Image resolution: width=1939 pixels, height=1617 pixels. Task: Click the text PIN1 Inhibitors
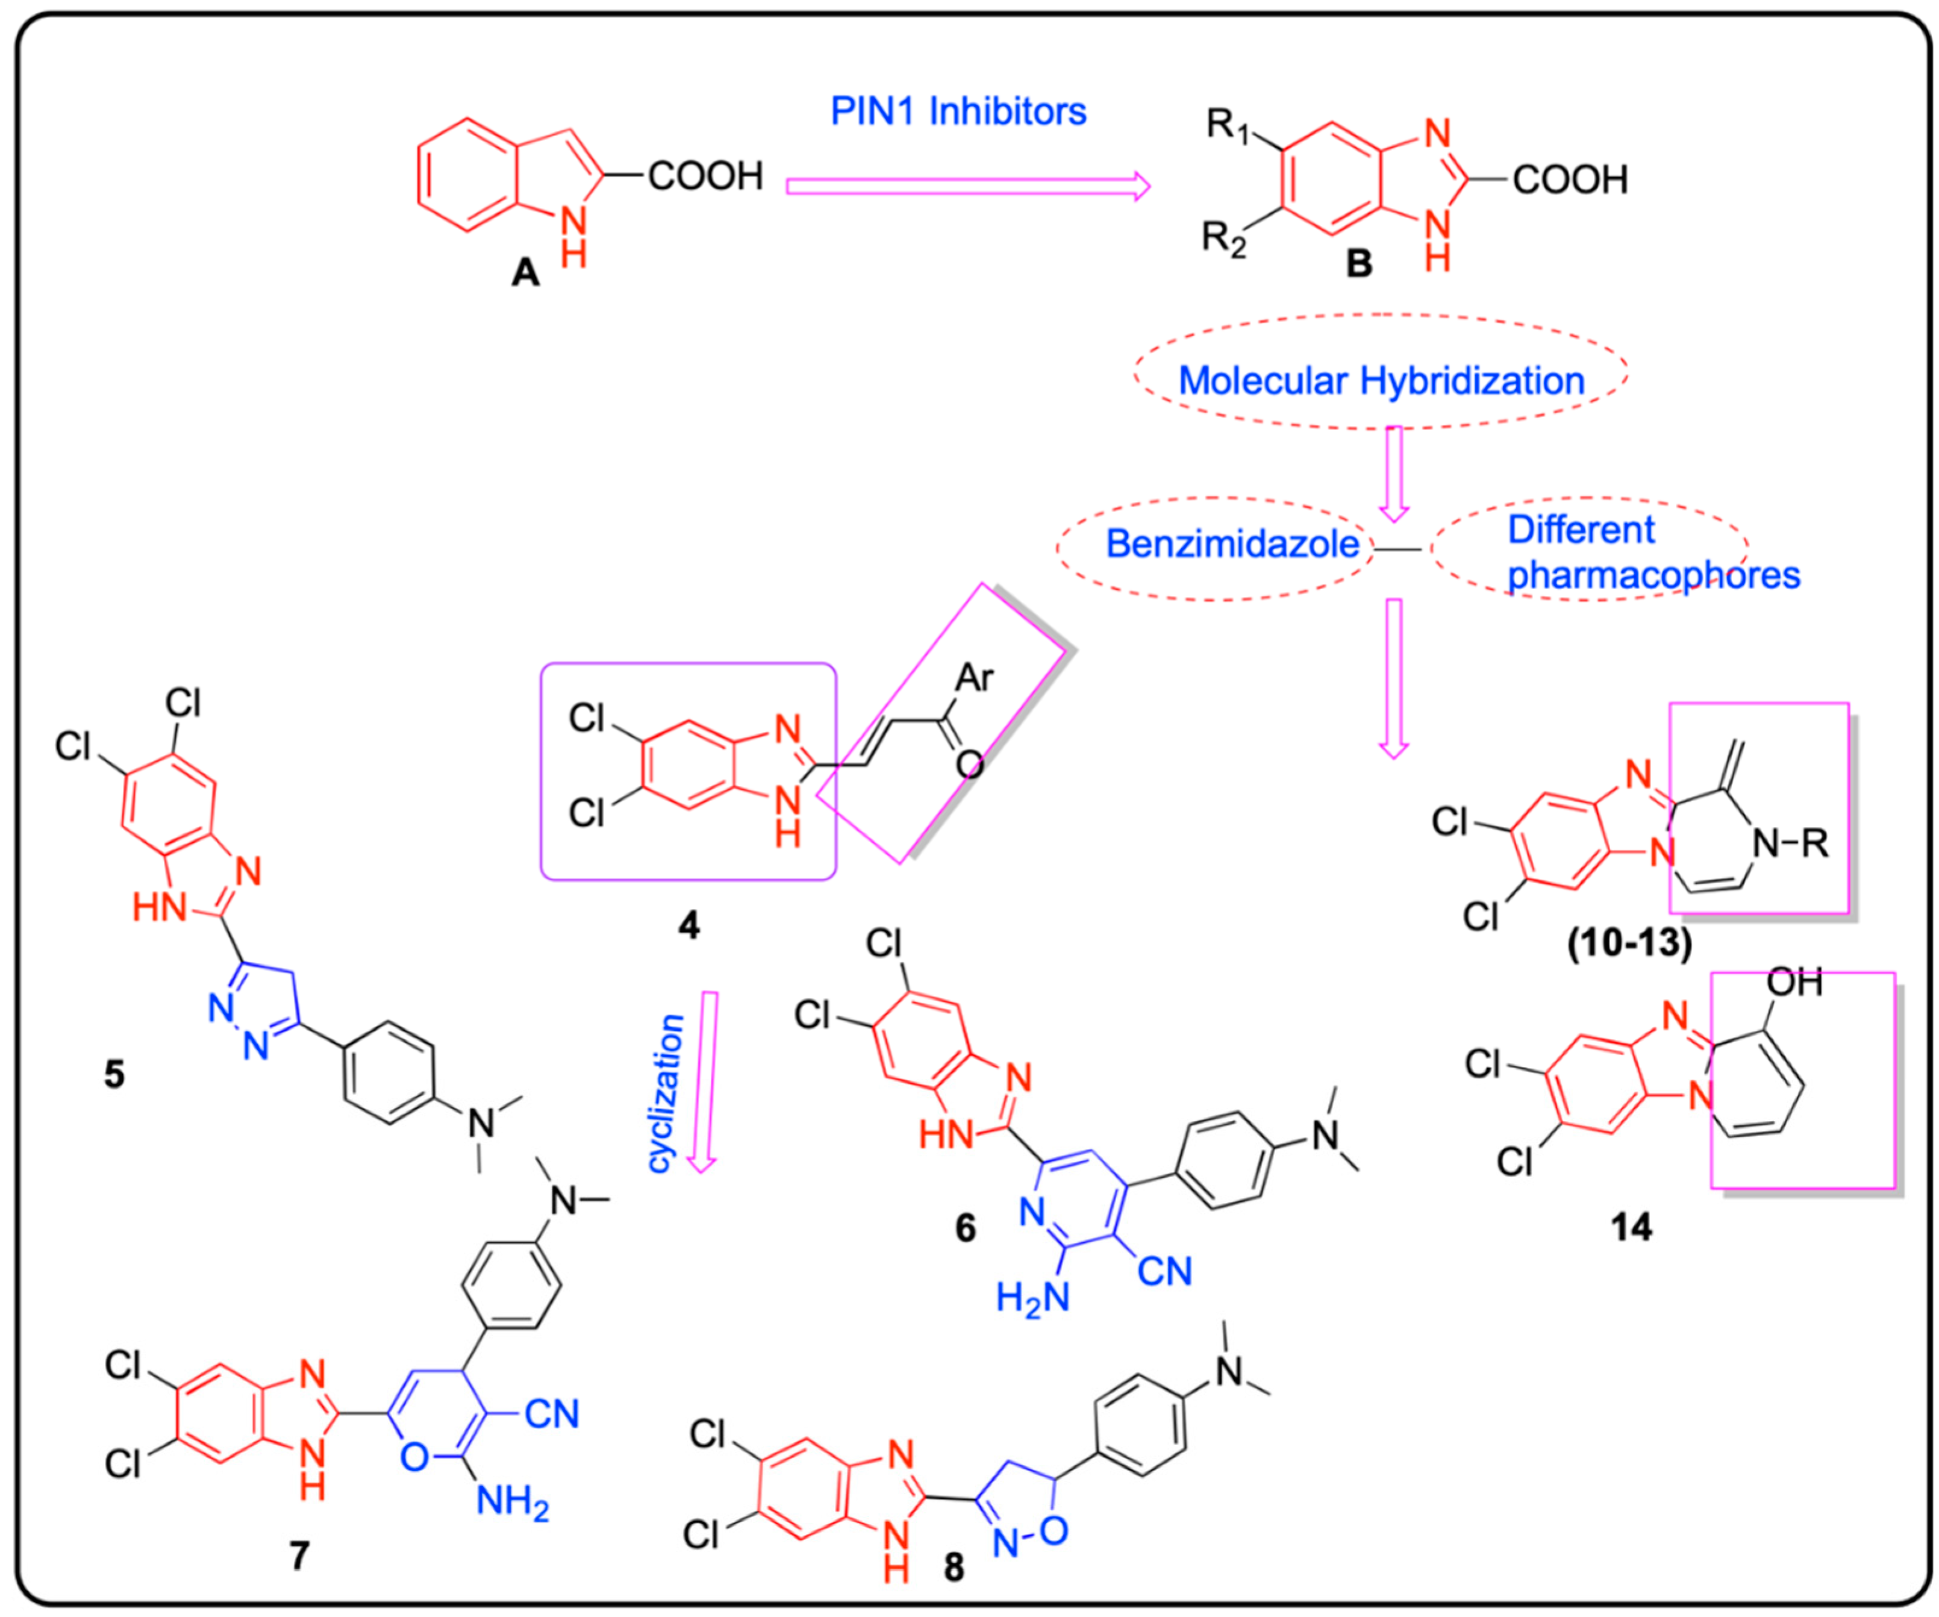pos(958,111)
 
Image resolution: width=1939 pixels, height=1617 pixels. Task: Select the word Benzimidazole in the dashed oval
pos(1232,544)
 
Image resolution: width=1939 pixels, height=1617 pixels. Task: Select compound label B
pos(1358,264)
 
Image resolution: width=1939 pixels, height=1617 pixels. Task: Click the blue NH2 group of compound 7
pos(513,1503)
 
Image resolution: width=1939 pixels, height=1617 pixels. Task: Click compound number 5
pos(114,1075)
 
